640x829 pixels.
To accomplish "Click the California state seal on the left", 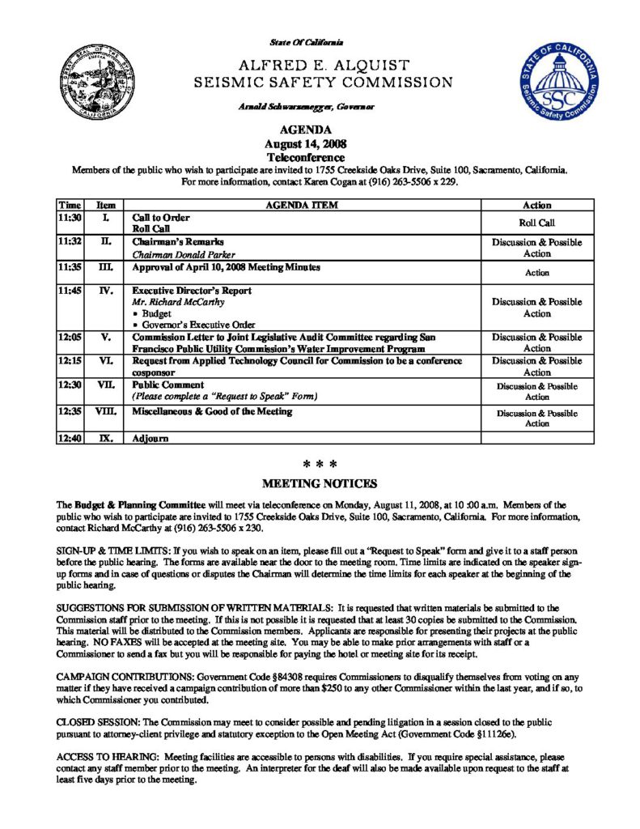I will click(87, 83).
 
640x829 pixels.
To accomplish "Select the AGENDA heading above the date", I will click(305, 130).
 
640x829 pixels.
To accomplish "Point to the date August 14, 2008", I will click(305, 143).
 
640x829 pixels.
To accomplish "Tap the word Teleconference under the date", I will click(305, 157).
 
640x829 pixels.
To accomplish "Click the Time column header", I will click(69, 206).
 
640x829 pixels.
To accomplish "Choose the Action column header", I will click(536, 206).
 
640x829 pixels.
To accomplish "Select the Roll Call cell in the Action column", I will click(536, 223).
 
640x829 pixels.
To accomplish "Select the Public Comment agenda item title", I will click(168, 385).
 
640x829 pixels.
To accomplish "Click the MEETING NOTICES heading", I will click(320, 484).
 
